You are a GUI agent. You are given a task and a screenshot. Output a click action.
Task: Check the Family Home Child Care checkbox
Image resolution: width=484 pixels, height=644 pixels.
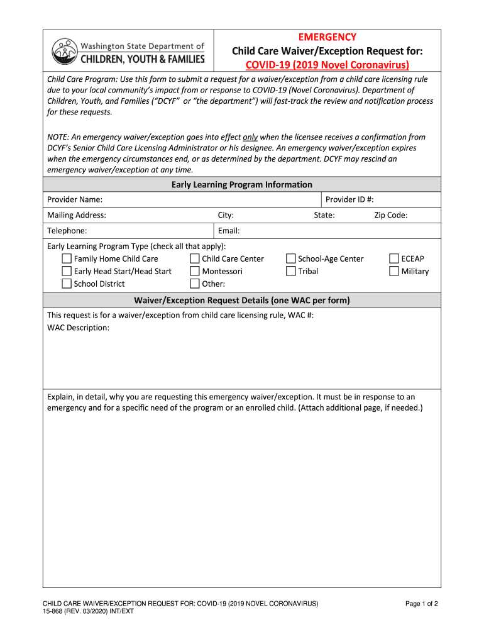(x=67, y=258)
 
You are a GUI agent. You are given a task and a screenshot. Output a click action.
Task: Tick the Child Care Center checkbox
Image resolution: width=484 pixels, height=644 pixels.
(x=195, y=258)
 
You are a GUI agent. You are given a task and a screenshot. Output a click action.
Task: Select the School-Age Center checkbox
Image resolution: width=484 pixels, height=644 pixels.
(x=291, y=258)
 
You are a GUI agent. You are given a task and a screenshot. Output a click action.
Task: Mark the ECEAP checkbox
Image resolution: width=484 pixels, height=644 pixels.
(x=394, y=258)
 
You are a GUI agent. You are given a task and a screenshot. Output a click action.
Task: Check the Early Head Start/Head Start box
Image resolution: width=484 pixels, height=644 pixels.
(x=67, y=271)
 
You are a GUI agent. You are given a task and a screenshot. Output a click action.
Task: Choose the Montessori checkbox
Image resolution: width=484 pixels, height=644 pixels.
(x=195, y=271)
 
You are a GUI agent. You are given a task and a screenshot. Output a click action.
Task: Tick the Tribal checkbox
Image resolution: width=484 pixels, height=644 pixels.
(x=291, y=271)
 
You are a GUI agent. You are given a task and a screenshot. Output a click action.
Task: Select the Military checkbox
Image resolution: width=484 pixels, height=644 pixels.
(x=394, y=271)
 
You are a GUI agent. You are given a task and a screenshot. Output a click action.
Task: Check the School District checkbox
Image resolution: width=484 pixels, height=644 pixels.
(x=67, y=284)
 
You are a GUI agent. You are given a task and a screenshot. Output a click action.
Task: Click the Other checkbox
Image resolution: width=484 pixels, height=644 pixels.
(x=195, y=284)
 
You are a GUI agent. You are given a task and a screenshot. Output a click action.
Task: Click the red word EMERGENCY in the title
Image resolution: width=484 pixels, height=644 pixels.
(x=327, y=37)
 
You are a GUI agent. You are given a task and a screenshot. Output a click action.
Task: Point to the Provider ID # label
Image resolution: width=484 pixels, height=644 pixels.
(x=349, y=199)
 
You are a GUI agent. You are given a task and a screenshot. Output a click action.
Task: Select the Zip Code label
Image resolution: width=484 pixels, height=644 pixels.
(x=391, y=215)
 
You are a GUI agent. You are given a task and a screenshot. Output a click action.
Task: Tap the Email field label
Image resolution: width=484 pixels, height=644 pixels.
(x=229, y=231)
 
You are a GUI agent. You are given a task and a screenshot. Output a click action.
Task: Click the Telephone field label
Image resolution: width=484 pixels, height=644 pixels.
(x=67, y=231)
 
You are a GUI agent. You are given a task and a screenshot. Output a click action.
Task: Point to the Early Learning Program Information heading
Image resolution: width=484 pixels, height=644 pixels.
(x=242, y=184)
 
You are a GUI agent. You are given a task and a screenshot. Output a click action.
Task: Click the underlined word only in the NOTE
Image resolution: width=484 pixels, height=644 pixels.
(x=250, y=137)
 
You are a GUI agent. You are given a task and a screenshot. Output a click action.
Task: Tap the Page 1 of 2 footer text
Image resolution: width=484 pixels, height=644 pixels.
(x=421, y=604)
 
